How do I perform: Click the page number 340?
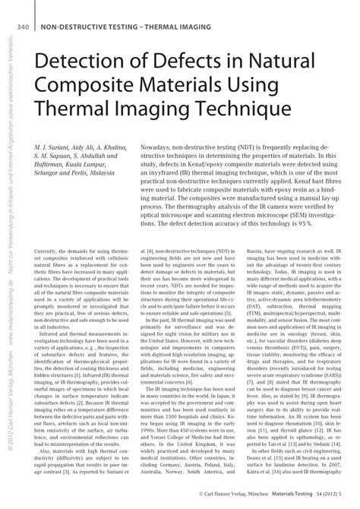tap(21, 27)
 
